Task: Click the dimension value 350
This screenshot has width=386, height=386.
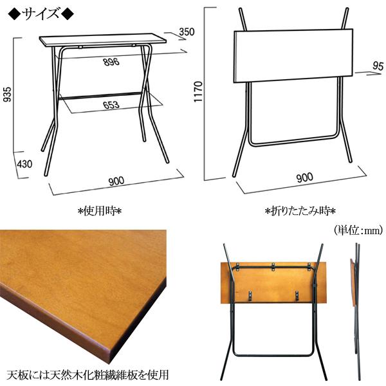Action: [187, 32]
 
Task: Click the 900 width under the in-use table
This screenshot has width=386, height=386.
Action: [116, 181]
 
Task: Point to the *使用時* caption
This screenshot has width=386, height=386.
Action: [99, 210]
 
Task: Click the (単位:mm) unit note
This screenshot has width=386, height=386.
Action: [358, 228]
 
